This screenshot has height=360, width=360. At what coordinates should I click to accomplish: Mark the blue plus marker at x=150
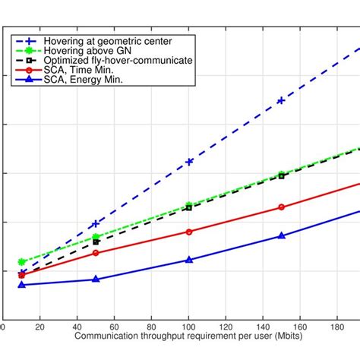pos(281,100)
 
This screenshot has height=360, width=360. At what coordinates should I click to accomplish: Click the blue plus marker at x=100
pos(189,162)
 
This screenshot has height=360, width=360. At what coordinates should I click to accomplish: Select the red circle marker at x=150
pos(281,207)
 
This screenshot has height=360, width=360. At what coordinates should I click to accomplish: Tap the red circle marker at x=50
pos(96,252)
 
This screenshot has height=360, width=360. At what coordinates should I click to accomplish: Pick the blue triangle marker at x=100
pos(189,260)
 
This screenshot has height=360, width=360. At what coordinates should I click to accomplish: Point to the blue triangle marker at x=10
pos(21,285)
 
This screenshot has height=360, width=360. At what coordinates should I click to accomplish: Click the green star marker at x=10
pos(21,261)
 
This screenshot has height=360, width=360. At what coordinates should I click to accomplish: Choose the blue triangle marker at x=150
pos(281,235)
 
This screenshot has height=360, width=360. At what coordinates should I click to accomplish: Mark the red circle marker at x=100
pos(189,232)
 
